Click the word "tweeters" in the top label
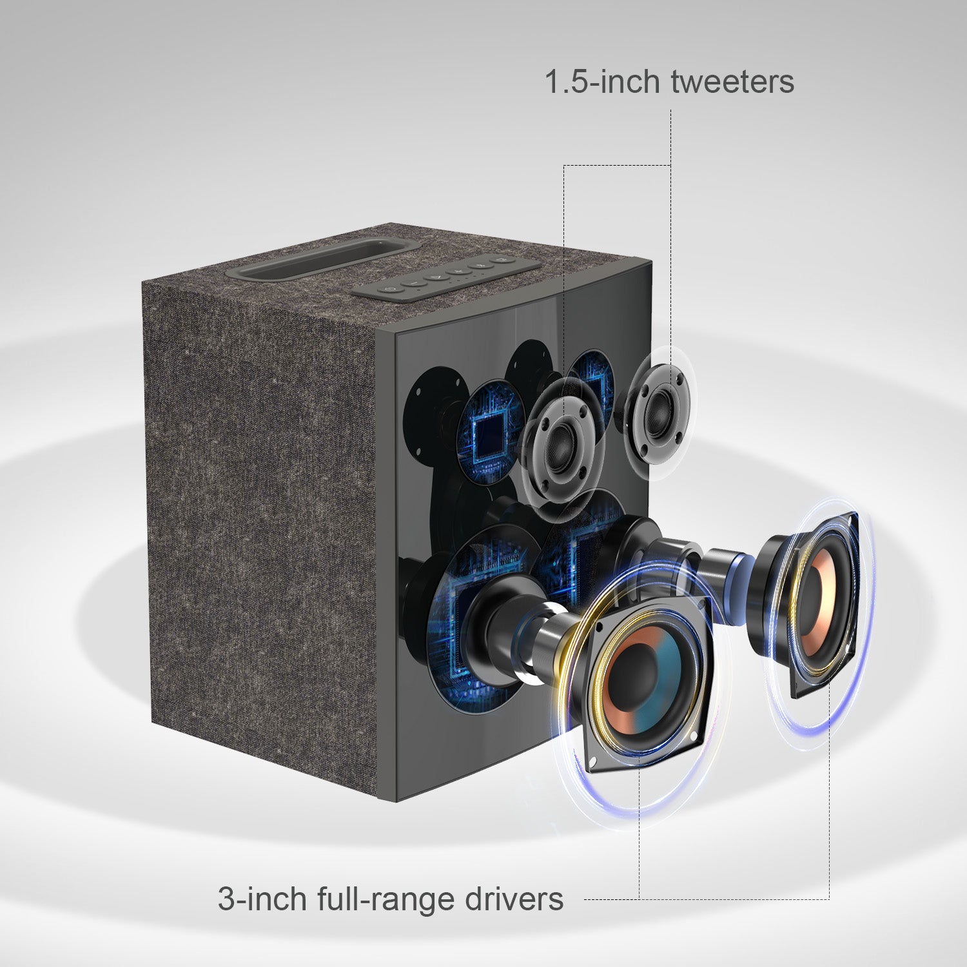732,82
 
